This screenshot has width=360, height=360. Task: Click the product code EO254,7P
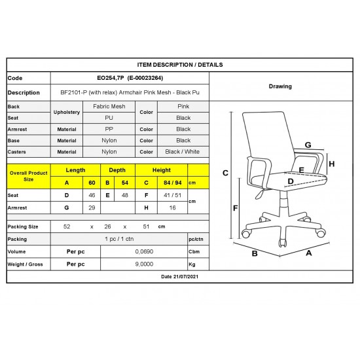pyautogui.click(x=110, y=78)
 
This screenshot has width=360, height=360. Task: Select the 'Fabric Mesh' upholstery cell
pyautogui.click(x=109, y=106)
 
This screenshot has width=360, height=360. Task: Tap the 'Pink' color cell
pyautogui.click(x=183, y=106)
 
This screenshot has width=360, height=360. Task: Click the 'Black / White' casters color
pyautogui.click(x=183, y=152)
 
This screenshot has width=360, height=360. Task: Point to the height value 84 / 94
pyautogui.click(x=173, y=183)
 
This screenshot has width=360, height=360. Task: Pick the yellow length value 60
pyautogui.click(x=92, y=183)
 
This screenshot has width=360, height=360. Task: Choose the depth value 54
pyautogui.click(x=125, y=183)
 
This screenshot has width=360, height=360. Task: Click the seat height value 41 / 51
pyautogui.click(x=172, y=195)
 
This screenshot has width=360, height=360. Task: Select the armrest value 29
pyautogui.click(x=92, y=207)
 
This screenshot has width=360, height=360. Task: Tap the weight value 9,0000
pyautogui.click(x=144, y=264)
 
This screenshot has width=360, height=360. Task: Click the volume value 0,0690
pyautogui.click(x=144, y=251)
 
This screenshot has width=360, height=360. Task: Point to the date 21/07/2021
pyautogui.click(x=186, y=277)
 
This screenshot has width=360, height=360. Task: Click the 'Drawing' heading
pyautogui.click(x=280, y=86)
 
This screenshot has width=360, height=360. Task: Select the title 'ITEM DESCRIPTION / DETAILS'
pyautogui.click(x=180, y=65)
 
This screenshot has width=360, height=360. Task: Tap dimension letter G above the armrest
pyautogui.click(x=308, y=145)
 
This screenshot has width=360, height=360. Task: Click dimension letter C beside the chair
pyautogui.click(x=225, y=173)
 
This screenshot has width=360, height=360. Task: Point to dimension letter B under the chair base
pyautogui.click(x=255, y=253)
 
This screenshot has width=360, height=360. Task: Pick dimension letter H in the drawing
pyautogui.click(x=332, y=164)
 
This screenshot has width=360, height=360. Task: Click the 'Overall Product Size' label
pyautogui.click(x=28, y=176)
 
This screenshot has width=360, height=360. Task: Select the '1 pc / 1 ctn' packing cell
pyautogui.click(x=119, y=239)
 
